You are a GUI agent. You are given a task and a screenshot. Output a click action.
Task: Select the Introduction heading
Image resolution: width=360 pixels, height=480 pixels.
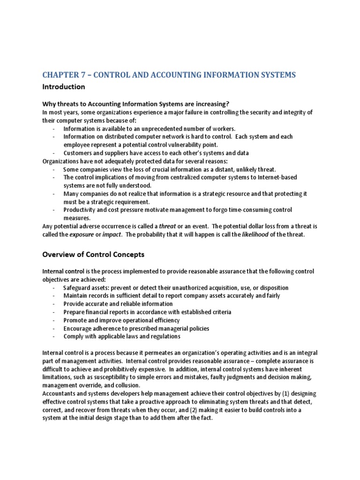tap(64, 87)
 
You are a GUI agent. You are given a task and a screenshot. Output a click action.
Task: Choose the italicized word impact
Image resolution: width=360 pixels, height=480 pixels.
tap(111, 234)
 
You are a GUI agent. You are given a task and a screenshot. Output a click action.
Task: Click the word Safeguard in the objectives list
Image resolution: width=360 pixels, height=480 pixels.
tap(83, 287)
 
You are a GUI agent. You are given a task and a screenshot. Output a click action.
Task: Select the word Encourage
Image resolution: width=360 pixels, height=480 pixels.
tap(79, 328)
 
